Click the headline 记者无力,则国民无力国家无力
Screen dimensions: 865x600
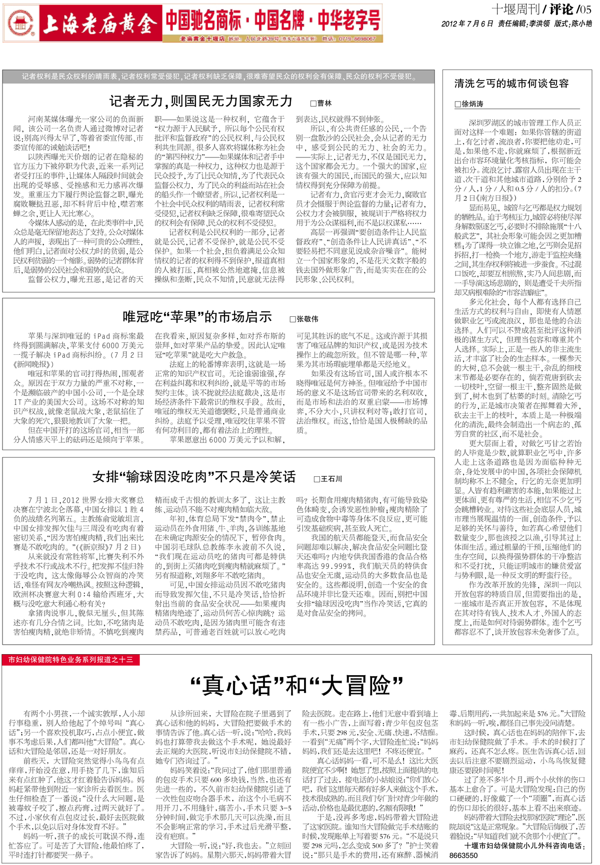point(200,101)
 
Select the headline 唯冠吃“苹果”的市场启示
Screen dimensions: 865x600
point(197,317)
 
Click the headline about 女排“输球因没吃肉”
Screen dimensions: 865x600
point(194,477)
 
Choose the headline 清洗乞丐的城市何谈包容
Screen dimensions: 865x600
point(511,83)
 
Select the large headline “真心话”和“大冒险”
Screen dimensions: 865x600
point(296,686)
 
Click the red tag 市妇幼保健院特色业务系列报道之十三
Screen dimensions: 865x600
point(70,660)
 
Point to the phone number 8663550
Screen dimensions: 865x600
point(463,855)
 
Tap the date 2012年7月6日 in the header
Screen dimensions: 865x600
point(467,23)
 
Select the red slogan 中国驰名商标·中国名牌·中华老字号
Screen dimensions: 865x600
point(273,20)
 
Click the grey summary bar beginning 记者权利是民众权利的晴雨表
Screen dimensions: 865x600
point(218,76)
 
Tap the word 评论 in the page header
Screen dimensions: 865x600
point(560,9)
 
